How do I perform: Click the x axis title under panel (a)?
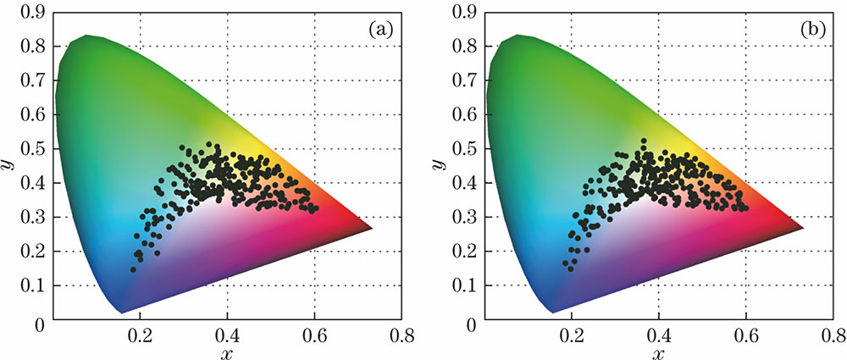coord(227,352)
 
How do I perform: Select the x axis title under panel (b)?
coord(660,352)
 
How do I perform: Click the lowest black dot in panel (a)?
coord(133,270)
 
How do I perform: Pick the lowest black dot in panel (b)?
coord(571,269)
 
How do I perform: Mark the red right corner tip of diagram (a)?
coord(371,229)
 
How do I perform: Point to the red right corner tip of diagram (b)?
coord(803,229)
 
